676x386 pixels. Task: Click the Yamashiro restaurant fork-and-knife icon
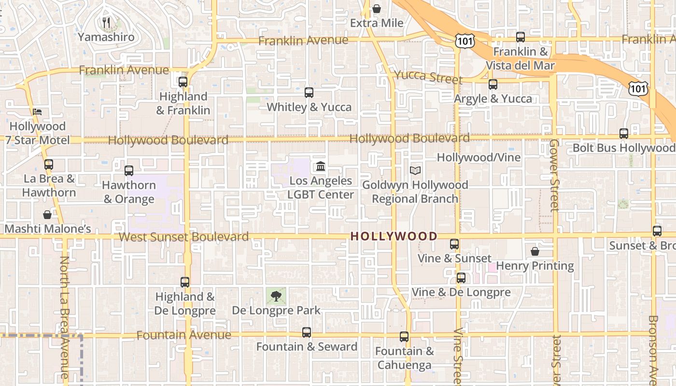pyautogui.click(x=107, y=23)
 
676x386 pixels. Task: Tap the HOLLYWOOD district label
pyautogui.click(x=394, y=236)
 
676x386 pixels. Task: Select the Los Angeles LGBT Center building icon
pyautogui.click(x=320, y=167)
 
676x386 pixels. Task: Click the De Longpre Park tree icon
pyautogui.click(x=276, y=296)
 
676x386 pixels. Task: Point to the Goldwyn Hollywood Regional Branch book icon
pyautogui.click(x=415, y=170)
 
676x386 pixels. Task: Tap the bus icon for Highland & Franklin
pyautogui.click(x=183, y=82)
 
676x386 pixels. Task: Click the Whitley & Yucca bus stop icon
pyautogui.click(x=309, y=93)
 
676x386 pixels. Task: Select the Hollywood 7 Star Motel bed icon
pyautogui.click(x=38, y=112)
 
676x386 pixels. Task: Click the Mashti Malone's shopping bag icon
pyautogui.click(x=47, y=215)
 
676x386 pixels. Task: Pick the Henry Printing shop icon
pyautogui.click(x=535, y=251)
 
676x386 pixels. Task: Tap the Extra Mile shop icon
pyautogui.click(x=377, y=9)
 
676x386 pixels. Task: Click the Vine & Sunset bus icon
pyautogui.click(x=454, y=244)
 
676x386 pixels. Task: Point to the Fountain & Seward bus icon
pyautogui.click(x=307, y=332)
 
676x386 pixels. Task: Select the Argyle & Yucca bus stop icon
pyautogui.click(x=493, y=84)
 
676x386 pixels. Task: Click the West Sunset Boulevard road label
pyautogui.click(x=183, y=237)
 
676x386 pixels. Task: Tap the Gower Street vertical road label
pyautogui.click(x=554, y=175)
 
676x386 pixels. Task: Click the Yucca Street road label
pyautogui.click(x=428, y=76)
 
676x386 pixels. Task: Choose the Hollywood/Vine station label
pyautogui.click(x=479, y=157)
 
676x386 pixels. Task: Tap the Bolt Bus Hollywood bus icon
pyautogui.click(x=624, y=134)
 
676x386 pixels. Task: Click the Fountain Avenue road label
pyautogui.click(x=183, y=335)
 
